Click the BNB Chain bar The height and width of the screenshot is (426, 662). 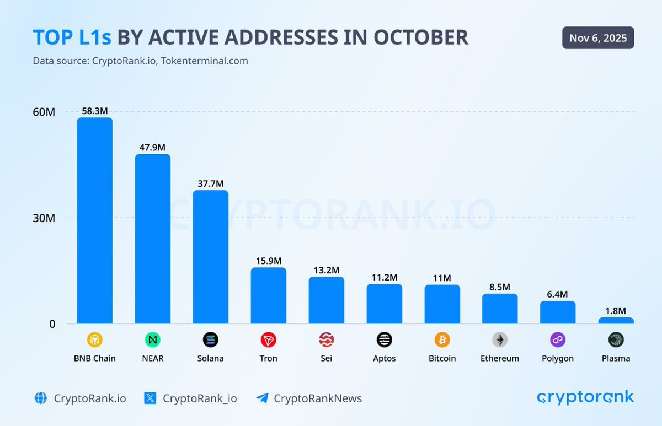coord(94,220)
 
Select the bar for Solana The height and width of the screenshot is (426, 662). coord(210,257)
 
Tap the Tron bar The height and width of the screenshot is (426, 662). coord(268,295)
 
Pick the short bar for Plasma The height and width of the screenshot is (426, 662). coord(616,320)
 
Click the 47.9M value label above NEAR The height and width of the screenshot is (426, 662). coord(152,147)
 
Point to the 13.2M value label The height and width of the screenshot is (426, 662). coord(326,270)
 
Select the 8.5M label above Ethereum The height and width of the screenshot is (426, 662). coord(500,287)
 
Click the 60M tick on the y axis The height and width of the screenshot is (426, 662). coord(44,112)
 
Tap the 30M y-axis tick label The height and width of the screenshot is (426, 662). coord(44,218)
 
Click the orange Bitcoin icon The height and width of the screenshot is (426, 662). coord(442,340)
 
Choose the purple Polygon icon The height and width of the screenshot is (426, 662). coord(558,340)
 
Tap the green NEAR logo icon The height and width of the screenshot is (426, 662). coord(152,340)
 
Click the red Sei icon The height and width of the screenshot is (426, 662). coord(326,340)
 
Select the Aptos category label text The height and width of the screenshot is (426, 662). coord(384,358)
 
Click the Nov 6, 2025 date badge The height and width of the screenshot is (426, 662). coord(598,38)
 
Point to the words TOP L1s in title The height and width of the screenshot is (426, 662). coord(72,37)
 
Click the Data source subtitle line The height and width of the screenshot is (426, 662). coord(140,61)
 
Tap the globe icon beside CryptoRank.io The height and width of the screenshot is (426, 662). coord(40,398)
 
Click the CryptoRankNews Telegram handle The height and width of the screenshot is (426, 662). coord(318,398)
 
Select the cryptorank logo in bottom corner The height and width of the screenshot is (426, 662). coord(585,397)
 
